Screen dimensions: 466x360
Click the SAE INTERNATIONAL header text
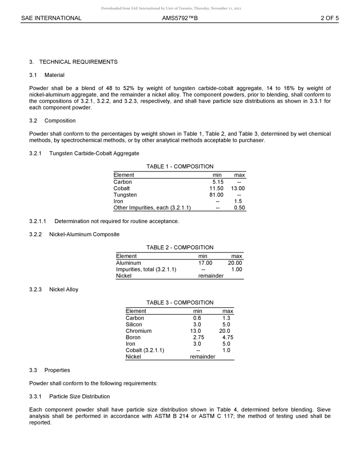(x=51, y=18)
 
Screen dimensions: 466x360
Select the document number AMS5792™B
(x=180, y=18)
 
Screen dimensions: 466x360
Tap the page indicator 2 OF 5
(x=329, y=18)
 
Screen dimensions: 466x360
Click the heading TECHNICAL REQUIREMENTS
(x=78, y=62)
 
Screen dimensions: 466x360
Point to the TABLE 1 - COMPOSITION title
(x=180, y=166)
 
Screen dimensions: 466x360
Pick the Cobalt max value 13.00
(x=238, y=188)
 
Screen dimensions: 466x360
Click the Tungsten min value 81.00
(x=216, y=195)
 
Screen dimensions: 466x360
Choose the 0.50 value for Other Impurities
(x=239, y=208)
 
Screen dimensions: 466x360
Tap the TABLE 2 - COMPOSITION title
(x=180, y=247)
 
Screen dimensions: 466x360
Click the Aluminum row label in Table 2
(x=128, y=263)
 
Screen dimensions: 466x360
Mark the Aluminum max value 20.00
(x=235, y=263)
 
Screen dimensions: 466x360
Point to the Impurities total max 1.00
(x=236, y=269)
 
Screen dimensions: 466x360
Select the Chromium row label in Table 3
(x=138, y=331)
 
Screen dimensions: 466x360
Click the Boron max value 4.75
(x=227, y=337)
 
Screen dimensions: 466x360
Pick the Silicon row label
(x=134, y=324)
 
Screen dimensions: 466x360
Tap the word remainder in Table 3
(x=202, y=357)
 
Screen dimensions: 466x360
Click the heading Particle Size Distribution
(x=79, y=396)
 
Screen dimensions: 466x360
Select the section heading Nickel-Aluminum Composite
(x=84, y=234)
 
